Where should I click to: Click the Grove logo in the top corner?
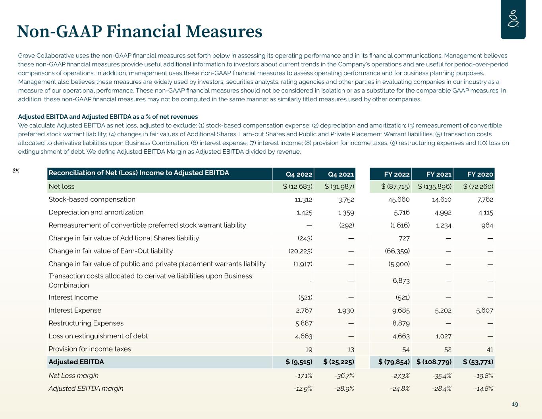[x=513, y=19]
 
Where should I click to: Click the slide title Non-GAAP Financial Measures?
[x=139, y=31]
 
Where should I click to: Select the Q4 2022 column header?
[x=299, y=174]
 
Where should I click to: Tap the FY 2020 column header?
[x=480, y=174]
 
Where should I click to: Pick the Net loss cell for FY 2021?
[x=435, y=186]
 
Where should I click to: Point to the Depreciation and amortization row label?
[x=96, y=212]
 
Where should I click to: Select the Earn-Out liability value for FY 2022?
[x=397, y=251]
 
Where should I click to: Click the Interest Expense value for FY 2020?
[x=484, y=310]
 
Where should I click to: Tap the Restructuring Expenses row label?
[x=86, y=323]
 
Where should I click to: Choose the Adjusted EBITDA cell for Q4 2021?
[x=339, y=362]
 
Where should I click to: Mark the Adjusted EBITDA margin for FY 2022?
[x=400, y=388]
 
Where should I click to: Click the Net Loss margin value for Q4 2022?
[x=303, y=375]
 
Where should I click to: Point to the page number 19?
[x=515, y=404]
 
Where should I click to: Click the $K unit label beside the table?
[x=16, y=171]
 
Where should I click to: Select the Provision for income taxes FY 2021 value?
[x=446, y=349]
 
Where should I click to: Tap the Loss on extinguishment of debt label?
[x=98, y=336]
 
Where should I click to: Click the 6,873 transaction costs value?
[x=401, y=281]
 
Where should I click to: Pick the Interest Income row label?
[x=73, y=297]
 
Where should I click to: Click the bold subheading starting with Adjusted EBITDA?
[x=108, y=117]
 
